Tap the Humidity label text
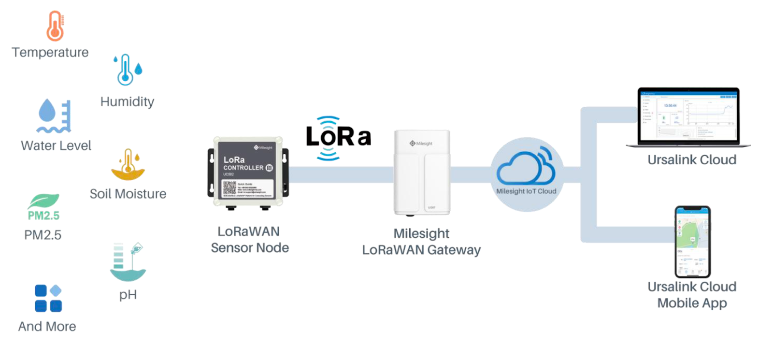(x=127, y=101)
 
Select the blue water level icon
(x=54, y=116)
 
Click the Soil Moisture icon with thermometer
(x=128, y=164)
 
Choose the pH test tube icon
(x=128, y=262)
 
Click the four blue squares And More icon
(x=48, y=298)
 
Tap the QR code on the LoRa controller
(x=229, y=188)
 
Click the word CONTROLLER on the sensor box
(x=243, y=168)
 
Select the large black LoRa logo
(x=338, y=137)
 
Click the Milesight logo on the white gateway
(x=421, y=144)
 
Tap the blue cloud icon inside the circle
(x=526, y=167)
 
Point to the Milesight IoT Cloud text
(x=526, y=191)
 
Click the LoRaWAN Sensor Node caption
(x=249, y=240)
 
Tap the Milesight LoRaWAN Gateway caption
(x=421, y=242)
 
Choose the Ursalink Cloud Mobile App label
(x=692, y=295)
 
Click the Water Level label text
(x=56, y=145)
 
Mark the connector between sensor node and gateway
(x=341, y=175)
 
